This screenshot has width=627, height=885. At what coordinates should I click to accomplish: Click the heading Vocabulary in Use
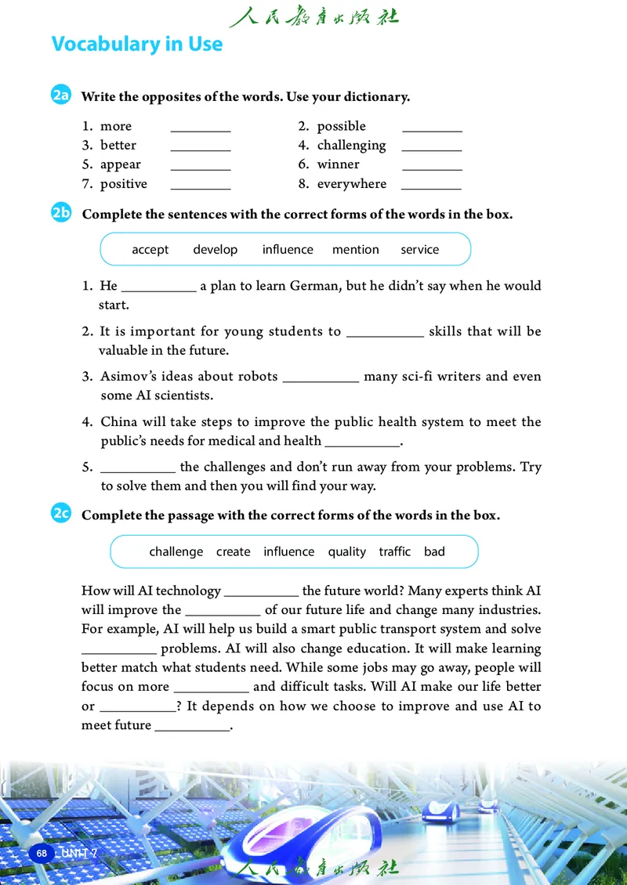click(137, 44)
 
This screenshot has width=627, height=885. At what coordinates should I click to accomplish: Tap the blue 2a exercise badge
click(62, 96)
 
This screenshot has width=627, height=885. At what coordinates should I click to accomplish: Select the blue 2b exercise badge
click(62, 213)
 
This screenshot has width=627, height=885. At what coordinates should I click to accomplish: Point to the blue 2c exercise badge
click(62, 515)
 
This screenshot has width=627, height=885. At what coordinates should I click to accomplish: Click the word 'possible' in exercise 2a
click(341, 126)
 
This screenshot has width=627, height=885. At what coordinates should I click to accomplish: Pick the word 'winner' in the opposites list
click(338, 164)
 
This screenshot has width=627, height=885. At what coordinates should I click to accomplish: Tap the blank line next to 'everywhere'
click(431, 187)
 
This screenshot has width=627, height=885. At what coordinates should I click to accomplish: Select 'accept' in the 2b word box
click(150, 250)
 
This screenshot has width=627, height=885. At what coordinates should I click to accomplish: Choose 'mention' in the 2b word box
click(355, 250)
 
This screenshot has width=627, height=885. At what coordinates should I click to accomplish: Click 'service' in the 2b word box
click(419, 250)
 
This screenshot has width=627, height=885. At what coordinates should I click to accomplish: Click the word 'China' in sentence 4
click(118, 422)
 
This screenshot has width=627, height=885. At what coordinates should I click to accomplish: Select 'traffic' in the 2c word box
click(394, 551)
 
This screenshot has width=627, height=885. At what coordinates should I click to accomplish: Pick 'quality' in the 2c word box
click(346, 551)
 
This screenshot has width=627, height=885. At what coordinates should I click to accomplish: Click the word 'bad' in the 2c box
click(434, 551)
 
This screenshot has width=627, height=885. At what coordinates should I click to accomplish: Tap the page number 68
click(41, 852)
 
